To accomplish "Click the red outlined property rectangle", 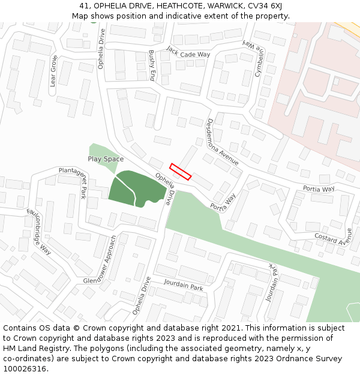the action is click(180, 172).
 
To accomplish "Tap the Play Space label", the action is click(106, 159).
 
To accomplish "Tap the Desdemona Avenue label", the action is click(223, 142).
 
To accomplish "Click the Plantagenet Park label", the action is click(73, 182).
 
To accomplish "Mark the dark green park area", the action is click(137, 188).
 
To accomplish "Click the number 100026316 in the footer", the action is click(25, 369).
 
